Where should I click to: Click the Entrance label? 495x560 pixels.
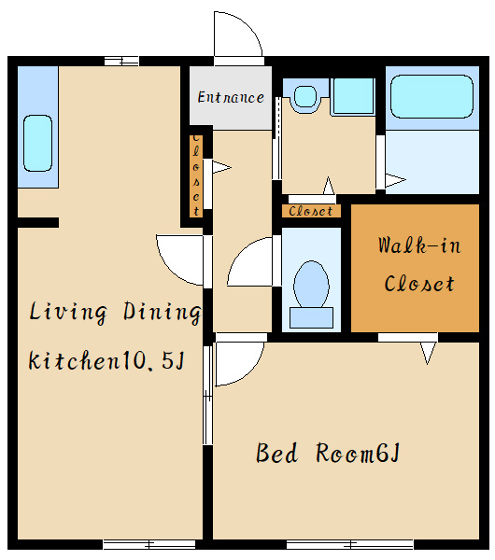tap(231, 97)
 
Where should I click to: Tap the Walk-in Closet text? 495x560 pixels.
tap(418, 265)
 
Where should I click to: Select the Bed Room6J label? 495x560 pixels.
tap(328, 453)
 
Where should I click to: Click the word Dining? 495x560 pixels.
tap(162, 313)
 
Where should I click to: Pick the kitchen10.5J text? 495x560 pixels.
tap(106, 360)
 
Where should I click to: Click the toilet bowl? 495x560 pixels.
tap(311, 285)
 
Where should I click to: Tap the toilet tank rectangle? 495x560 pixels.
tap(311, 317)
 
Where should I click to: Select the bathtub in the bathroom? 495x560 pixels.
tap(431, 96)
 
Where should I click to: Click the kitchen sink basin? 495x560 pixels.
tap(37, 143)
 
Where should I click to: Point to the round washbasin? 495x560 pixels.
tap(305, 96)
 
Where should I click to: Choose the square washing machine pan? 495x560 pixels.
tap(352, 96)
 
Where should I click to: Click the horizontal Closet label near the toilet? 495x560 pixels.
tap(311, 211)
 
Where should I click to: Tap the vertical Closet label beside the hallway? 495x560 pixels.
tap(196, 175)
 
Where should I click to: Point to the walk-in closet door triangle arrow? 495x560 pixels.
tap(428, 353)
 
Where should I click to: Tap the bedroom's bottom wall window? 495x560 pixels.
tap(350, 545)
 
